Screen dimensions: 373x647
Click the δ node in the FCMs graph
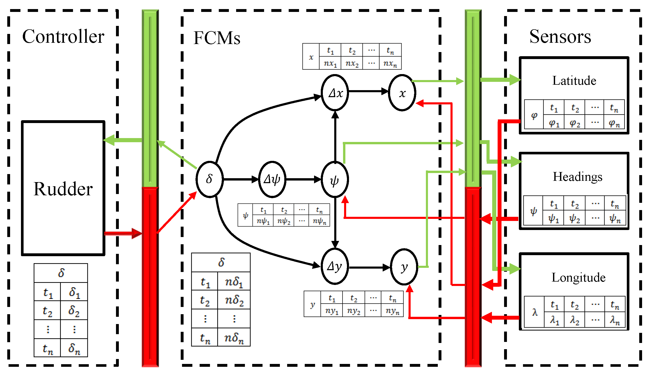point(209,179)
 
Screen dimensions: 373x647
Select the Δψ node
point(272,179)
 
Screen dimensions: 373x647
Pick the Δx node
point(335,93)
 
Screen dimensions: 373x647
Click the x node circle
point(402,93)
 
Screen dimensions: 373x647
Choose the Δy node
point(335,266)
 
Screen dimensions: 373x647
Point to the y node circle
point(404,267)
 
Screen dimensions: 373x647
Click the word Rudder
point(63,189)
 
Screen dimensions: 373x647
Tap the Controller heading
point(63,36)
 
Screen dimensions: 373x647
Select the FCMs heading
point(217,38)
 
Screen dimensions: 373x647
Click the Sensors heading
point(560,36)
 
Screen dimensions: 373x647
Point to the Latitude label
point(574,81)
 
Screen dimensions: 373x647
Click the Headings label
point(577,177)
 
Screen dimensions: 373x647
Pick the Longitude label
point(578,277)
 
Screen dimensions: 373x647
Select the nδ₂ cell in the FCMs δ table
point(234,300)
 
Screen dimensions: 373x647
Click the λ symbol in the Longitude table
point(535,312)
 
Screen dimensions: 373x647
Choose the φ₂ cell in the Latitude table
point(575,123)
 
